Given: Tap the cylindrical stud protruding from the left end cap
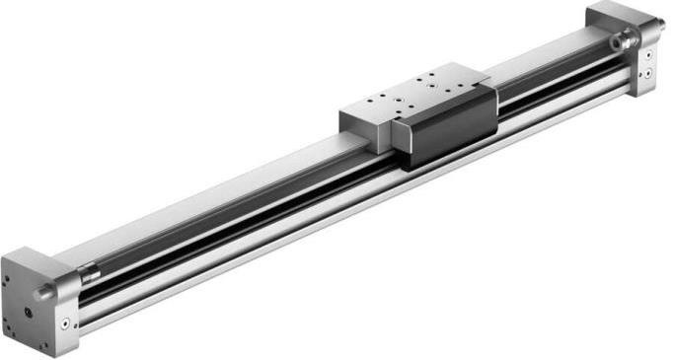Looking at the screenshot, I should [44, 293].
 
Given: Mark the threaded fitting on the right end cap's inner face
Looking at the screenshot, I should [619, 42].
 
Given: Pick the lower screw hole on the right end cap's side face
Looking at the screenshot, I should [647, 75].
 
